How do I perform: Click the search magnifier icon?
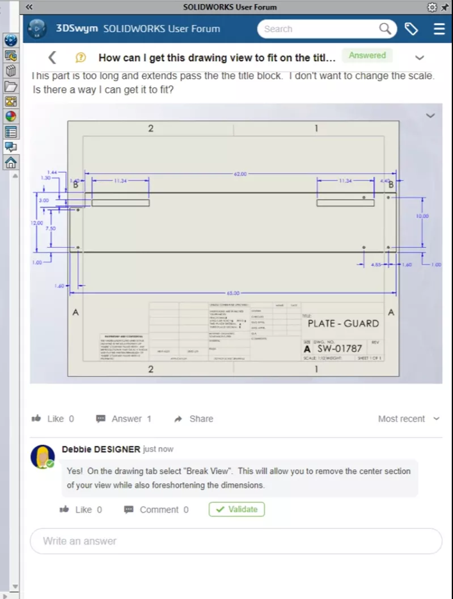tap(385, 29)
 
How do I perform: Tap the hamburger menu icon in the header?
tap(439, 29)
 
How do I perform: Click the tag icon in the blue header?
tap(411, 29)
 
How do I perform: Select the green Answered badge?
tap(367, 56)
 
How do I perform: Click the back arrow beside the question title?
tap(52, 57)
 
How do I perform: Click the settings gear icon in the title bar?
tap(431, 7)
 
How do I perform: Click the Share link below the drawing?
tap(194, 419)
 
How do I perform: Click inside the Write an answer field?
tap(235, 541)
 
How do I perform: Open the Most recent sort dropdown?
tap(408, 419)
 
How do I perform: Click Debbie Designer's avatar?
tap(42, 456)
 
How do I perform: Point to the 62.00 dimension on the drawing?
tap(240, 174)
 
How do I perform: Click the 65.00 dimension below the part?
tap(233, 294)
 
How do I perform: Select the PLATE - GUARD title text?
tap(343, 324)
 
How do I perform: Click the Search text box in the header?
tap(317, 29)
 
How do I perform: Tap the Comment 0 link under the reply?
tap(156, 509)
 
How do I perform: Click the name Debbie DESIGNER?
tap(101, 449)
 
